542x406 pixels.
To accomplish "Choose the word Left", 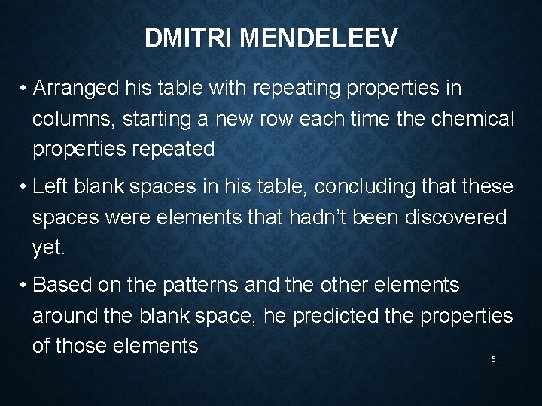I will tap(51, 187).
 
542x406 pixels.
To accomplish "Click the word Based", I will tap(61, 286).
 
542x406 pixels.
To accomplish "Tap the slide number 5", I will tap(493, 359).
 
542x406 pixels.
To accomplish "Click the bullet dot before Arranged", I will tap(24, 89).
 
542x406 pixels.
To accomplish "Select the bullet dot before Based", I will tap(24, 286).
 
